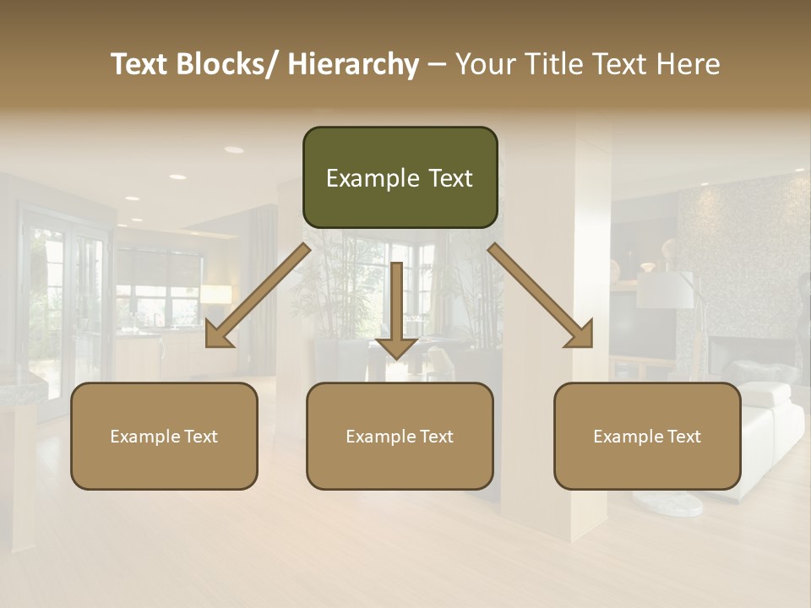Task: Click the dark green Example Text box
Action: point(400,177)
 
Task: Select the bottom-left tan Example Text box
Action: point(164,436)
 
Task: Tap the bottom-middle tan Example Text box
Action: point(400,436)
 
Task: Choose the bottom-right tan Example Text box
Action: point(647,436)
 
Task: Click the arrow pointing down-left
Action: point(258,296)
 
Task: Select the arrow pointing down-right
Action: point(542,296)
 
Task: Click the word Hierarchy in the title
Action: point(353,64)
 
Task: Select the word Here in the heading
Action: point(687,64)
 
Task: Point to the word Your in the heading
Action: point(484,64)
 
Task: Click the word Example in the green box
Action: point(372,178)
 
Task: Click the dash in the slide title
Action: point(437,66)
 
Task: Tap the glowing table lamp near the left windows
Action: point(215,295)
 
